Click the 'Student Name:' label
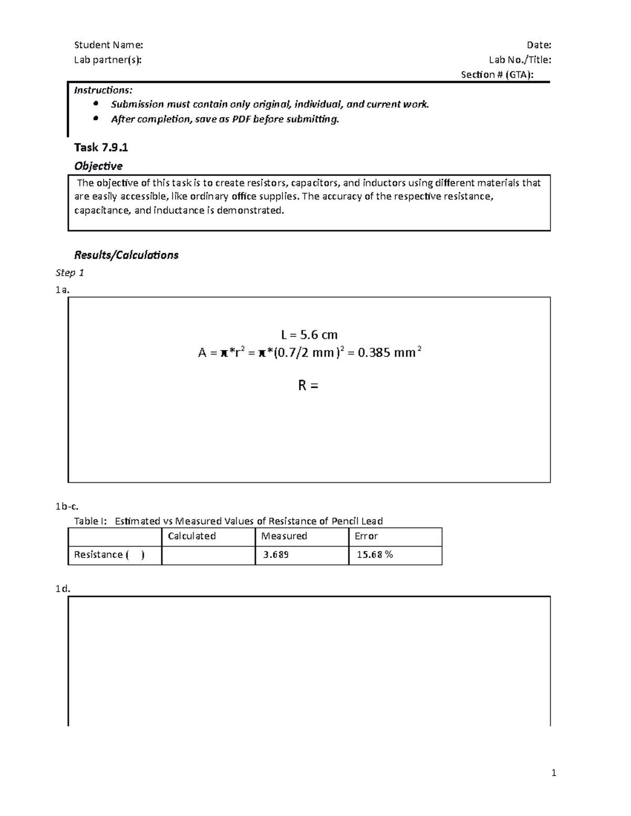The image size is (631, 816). tap(108, 45)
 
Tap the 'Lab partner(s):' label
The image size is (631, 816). tap(108, 60)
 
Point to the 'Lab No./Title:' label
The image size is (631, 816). tap(520, 60)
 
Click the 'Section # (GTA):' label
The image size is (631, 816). tap(497, 75)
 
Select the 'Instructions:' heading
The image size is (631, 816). tap(103, 90)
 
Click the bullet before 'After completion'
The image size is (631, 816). tap(95, 119)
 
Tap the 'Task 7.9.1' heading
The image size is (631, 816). tap(101, 148)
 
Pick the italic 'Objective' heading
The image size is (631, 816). tap(98, 166)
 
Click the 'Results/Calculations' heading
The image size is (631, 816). tap(126, 255)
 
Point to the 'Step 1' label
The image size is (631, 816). tap(70, 273)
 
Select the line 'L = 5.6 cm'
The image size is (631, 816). tap(309, 335)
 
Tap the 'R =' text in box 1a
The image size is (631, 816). tap(308, 386)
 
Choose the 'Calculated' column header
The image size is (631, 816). tap(191, 536)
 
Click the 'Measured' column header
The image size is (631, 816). tap(284, 536)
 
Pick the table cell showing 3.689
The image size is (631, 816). tap(302, 555)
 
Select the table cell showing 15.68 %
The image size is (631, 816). tap(395, 555)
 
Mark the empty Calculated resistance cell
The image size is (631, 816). tap(208, 555)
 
